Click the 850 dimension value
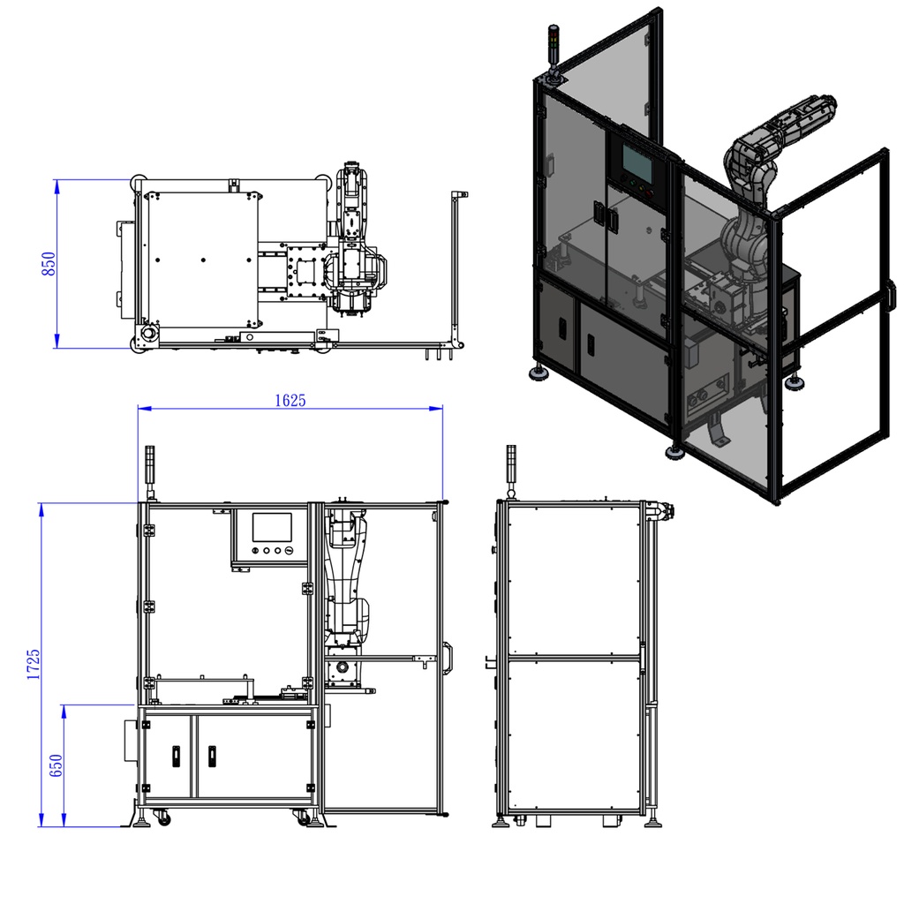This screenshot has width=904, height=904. (49, 263)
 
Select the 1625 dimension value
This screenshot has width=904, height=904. (290, 400)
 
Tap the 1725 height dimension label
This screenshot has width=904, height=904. (34, 664)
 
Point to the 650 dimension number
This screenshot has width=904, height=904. (56, 765)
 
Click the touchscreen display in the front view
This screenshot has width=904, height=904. (272, 528)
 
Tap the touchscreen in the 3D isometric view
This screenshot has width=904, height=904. (637, 162)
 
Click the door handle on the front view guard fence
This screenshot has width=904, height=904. (448, 658)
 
